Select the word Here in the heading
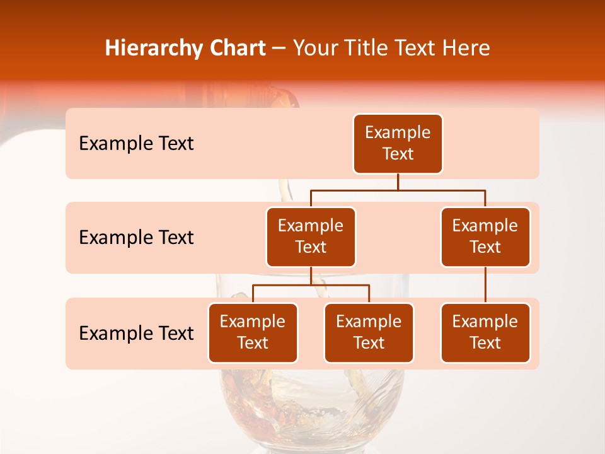coord(466,48)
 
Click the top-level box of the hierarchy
coord(398,143)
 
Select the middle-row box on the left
coord(311,236)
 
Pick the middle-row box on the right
coord(485,236)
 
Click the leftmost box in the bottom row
coord(253,332)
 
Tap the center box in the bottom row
coord(369,332)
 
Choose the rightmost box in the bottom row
coord(485,332)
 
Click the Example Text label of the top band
coord(136,144)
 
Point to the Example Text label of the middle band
coord(136,238)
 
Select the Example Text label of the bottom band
coord(136,333)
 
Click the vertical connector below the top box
coord(398,182)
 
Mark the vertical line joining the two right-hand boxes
coord(485,285)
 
